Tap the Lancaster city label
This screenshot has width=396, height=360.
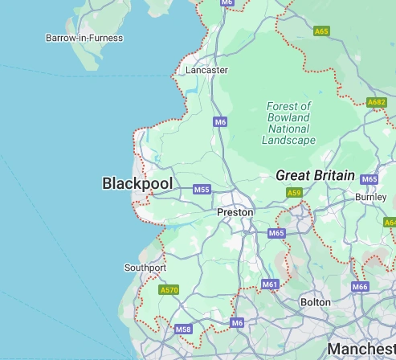point(206,70)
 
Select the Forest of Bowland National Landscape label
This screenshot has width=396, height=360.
point(288,123)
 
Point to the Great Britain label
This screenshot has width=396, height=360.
point(315,175)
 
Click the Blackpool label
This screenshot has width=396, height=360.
point(137,184)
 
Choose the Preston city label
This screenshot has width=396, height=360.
point(235,212)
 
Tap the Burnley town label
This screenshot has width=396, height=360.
point(370,196)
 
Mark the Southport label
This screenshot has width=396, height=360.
point(145,268)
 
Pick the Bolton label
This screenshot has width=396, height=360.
point(315,302)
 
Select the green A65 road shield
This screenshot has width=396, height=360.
point(321,31)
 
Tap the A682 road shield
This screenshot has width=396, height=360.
point(376,103)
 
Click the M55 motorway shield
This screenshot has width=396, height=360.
point(202,190)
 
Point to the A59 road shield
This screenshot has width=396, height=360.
point(295,193)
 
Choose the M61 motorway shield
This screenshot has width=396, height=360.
point(270,284)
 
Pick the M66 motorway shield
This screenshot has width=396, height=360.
point(360,287)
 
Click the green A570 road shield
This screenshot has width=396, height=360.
point(169,290)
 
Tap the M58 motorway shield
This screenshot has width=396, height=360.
point(183,329)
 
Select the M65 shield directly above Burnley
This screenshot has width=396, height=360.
point(369,179)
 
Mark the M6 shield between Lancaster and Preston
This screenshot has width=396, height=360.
point(220,121)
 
